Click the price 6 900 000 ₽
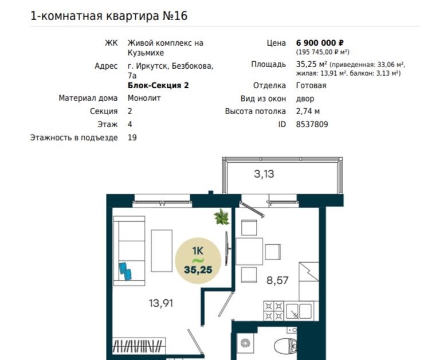tap(320, 43)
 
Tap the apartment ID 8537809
tap(312, 124)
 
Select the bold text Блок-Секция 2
tap(158, 85)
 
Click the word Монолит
tap(144, 98)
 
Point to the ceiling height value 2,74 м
tap(308, 111)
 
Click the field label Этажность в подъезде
tap(74, 138)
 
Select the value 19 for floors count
tap(132, 138)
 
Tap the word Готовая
tap(311, 85)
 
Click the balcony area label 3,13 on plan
tap(264, 174)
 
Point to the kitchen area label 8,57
tap(277, 280)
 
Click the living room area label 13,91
tap(161, 303)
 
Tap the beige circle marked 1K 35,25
tap(198, 261)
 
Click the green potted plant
tap(222, 217)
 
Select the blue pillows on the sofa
tap(125, 271)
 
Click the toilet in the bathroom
tap(285, 346)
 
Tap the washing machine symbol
tap(246, 343)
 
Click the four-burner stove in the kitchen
tap(274, 311)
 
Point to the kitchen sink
tap(299, 311)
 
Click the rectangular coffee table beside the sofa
tap(162, 251)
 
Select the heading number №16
tap(175, 15)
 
